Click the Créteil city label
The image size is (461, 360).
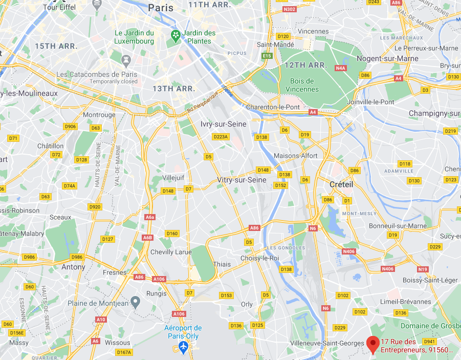point(341,184)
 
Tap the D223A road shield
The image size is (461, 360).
point(221,137)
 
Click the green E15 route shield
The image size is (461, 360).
point(266,56)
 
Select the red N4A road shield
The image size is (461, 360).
point(341,68)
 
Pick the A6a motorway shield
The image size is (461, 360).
point(150,218)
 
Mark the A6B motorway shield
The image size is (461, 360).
point(148,238)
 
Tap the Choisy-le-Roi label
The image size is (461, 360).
point(259,258)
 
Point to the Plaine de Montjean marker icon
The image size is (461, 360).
point(135,301)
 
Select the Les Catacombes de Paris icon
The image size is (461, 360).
point(125,60)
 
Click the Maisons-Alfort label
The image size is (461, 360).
point(296,156)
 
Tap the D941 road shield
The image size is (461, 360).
point(429,341)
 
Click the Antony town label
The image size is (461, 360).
point(73,267)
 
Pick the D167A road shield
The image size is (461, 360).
point(124,352)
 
